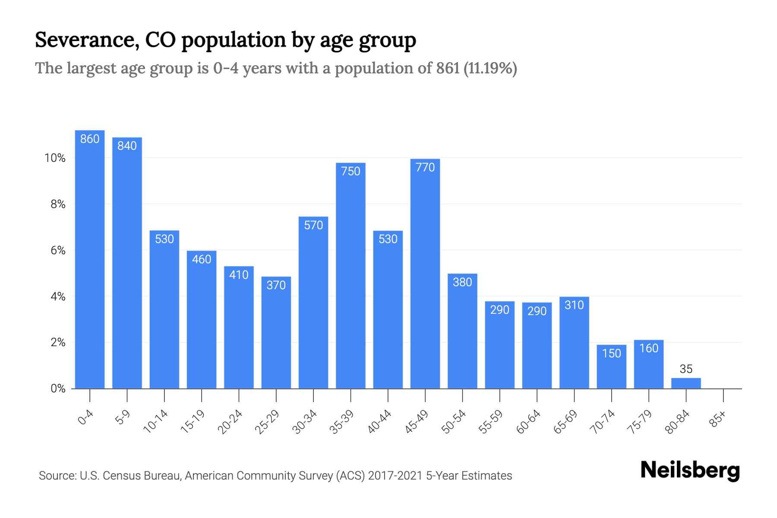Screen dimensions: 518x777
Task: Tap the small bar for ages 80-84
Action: [x=686, y=383]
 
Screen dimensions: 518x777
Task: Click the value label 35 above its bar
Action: [x=686, y=369]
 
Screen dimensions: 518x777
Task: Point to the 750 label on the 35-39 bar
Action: [x=351, y=171]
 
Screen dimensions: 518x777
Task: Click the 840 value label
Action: [x=127, y=146]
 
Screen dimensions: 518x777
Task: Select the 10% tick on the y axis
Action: [x=55, y=158]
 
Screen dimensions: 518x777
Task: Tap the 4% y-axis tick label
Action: [x=58, y=297]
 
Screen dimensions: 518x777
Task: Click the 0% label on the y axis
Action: [x=58, y=388]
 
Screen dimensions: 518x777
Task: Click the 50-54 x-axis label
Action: [x=454, y=422]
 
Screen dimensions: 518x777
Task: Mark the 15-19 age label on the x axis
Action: [x=193, y=422]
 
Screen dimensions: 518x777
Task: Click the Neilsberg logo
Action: [x=690, y=471]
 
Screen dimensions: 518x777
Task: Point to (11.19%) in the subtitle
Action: [x=490, y=68]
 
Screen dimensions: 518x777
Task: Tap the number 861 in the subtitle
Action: [x=448, y=68]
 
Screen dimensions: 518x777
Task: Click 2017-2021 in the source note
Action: [x=395, y=476]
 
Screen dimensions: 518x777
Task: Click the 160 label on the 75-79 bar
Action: [x=649, y=348]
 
